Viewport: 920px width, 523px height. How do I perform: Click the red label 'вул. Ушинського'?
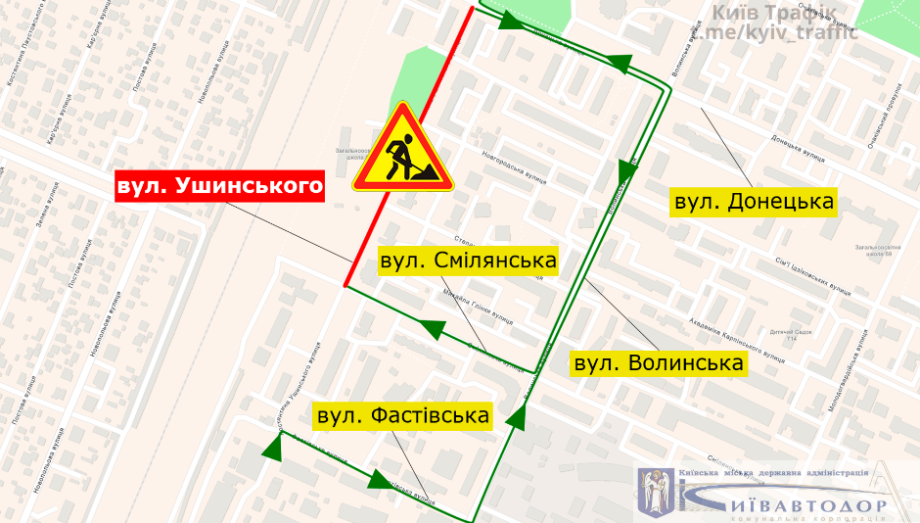coord(219,186)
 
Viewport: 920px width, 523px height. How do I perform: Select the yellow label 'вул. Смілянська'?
coord(468,261)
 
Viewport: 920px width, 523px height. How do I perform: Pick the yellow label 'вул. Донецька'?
coord(755,202)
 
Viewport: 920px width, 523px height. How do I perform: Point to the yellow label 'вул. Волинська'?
coord(660,363)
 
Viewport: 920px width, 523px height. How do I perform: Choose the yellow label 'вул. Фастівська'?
coord(402,415)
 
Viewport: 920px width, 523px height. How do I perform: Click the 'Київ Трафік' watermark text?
coord(773,14)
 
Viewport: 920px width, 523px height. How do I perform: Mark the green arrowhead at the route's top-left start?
coord(505,20)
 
